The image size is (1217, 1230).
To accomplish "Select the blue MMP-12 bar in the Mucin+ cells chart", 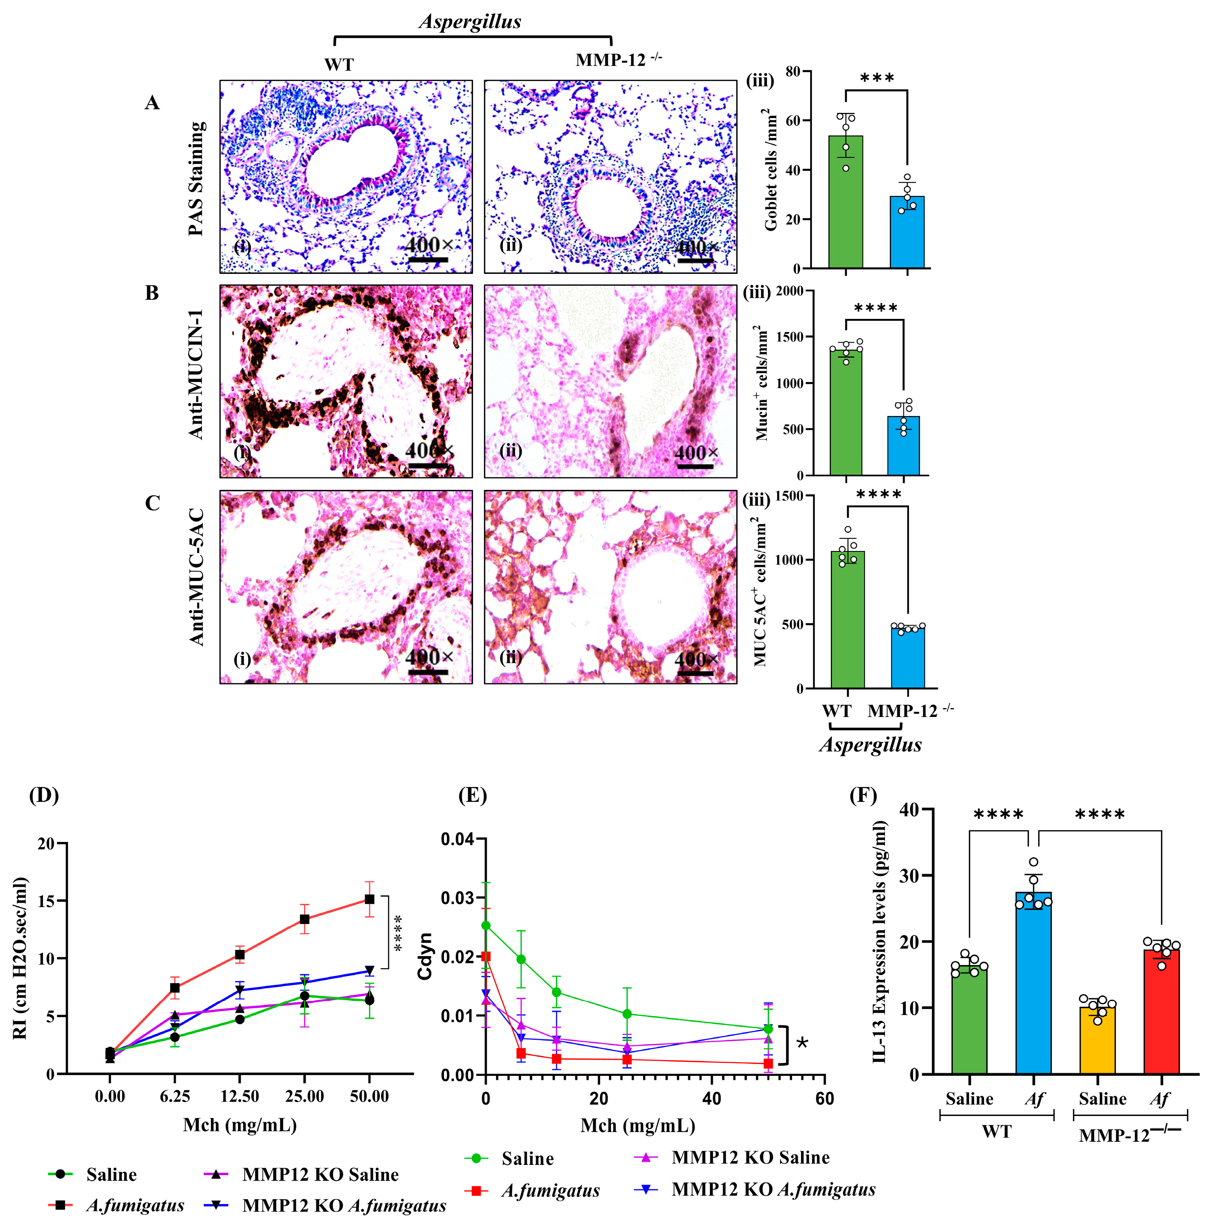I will [x=903, y=445].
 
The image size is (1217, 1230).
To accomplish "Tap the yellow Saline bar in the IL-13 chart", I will [x=1097, y=1040].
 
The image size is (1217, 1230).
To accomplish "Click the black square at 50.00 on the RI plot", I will [x=369, y=899].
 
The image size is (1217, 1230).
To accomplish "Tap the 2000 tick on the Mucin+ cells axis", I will [x=789, y=291].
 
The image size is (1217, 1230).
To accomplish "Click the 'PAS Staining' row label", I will [x=197, y=178].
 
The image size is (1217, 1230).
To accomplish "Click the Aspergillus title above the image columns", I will [x=470, y=21].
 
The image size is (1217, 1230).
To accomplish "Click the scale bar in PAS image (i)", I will [x=428, y=260].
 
